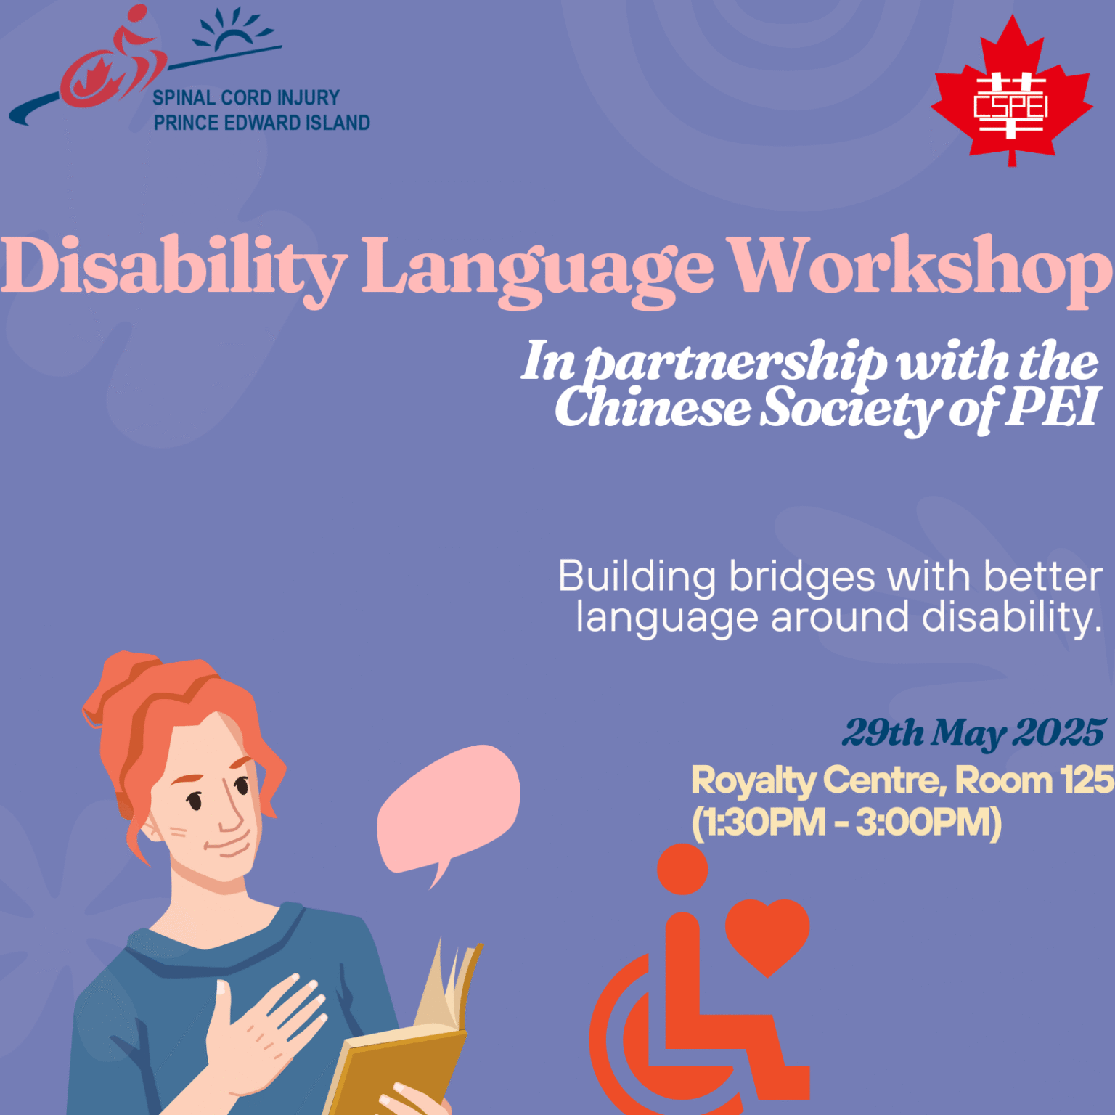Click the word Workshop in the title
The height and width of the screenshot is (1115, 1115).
click(920, 267)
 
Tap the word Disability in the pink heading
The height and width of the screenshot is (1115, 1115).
click(173, 267)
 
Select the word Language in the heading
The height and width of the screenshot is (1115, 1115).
click(537, 269)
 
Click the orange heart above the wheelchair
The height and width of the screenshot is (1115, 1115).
click(767, 934)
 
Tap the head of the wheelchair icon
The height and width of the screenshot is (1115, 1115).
click(682, 869)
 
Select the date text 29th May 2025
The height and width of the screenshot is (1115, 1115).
click(973, 732)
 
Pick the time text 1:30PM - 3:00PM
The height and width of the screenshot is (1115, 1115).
click(846, 822)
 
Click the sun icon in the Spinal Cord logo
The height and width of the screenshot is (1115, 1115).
click(234, 33)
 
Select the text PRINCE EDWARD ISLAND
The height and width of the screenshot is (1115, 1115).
click(261, 123)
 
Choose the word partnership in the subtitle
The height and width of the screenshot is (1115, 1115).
click(736, 362)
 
